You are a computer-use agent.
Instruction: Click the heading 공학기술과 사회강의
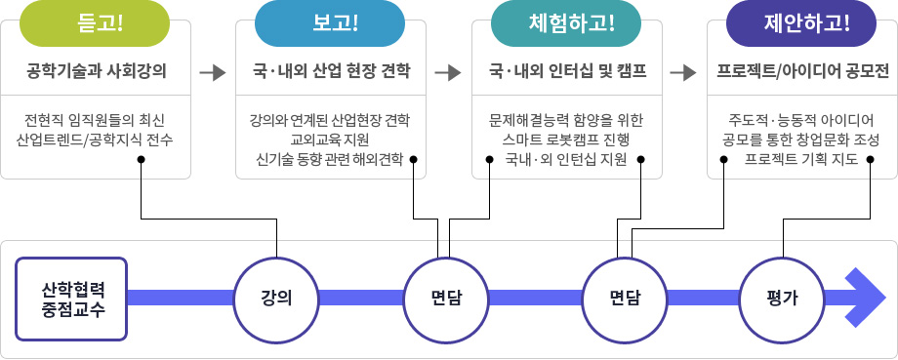coord(96,72)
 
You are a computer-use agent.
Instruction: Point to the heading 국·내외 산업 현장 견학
coord(330,72)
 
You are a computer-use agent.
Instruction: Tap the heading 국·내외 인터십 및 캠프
coord(566,72)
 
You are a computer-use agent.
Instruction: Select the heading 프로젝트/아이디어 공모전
coord(801,72)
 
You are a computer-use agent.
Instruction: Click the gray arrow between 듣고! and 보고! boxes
coord(212,72)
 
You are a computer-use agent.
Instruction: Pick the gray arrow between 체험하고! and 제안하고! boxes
coord(683,72)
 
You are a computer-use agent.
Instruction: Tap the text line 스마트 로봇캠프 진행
coord(566,140)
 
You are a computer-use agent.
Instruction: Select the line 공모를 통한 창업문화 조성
coord(801,140)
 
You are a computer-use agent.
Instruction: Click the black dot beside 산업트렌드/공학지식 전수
coord(142,159)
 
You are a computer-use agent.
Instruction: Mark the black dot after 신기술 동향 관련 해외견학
coord(414,159)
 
